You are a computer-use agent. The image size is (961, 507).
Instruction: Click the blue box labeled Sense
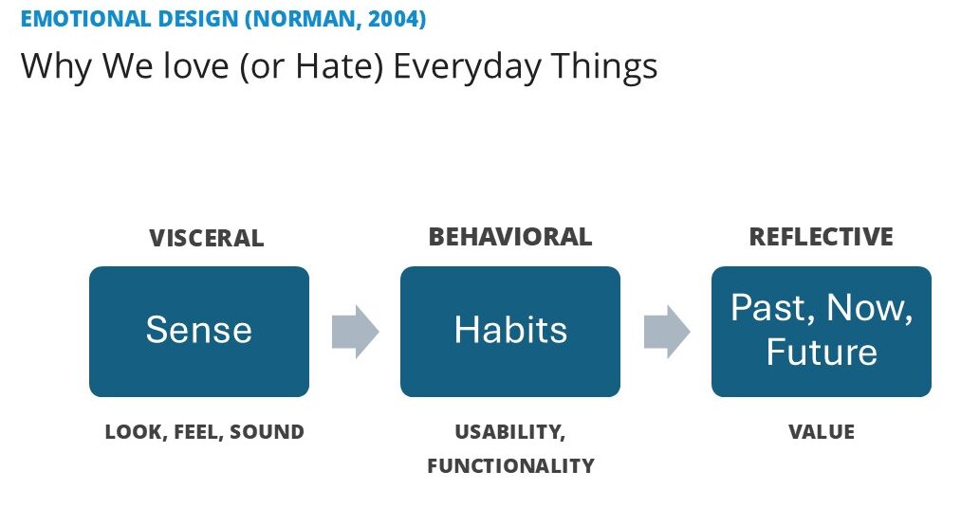click(x=199, y=332)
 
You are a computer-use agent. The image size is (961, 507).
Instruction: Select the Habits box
click(x=510, y=332)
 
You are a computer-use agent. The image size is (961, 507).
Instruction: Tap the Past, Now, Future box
click(x=822, y=332)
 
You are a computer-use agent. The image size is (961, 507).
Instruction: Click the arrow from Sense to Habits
click(x=356, y=332)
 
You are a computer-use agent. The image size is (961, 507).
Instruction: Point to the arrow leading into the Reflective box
click(x=667, y=332)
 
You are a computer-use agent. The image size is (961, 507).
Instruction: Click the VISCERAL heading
click(x=207, y=238)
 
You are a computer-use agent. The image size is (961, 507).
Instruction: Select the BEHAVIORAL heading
click(x=510, y=237)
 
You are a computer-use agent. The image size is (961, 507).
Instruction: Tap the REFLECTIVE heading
click(x=822, y=237)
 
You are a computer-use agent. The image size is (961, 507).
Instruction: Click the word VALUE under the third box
click(x=822, y=432)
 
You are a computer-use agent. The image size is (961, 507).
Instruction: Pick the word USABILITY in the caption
click(x=508, y=432)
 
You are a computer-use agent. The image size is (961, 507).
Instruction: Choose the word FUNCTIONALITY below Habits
click(x=510, y=466)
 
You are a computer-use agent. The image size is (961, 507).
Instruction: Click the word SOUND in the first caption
click(x=267, y=432)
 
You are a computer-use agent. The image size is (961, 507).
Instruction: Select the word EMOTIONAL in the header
click(x=85, y=18)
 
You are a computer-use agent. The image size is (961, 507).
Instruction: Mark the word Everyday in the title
click(x=467, y=66)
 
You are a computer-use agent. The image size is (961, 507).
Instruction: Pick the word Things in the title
click(x=604, y=66)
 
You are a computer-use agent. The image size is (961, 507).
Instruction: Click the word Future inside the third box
click(x=822, y=353)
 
